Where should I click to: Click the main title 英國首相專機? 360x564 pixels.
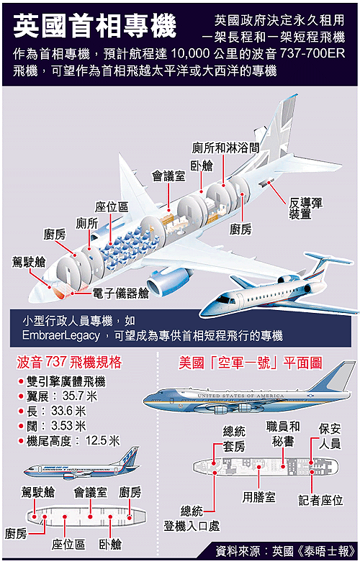(x=95, y=26)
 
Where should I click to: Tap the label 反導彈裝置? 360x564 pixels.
(x=305, y=209)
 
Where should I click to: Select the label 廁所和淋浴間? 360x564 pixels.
(x=225, y=147)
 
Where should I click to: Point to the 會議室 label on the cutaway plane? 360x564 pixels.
(x=168, y=176)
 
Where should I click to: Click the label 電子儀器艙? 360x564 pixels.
(x=121, y=294)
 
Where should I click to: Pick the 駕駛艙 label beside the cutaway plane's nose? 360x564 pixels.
(x=29, y=262)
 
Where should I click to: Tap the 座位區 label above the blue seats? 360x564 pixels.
(x=112, y=207)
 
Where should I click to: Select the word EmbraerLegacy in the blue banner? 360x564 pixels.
(x=60, y=335)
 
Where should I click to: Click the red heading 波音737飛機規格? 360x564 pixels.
(x=69, y=363)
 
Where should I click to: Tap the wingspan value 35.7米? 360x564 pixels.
(x=79, y=396)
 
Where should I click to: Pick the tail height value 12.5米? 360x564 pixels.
(x=102, y=440)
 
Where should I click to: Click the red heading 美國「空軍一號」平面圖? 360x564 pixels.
(x=251, y=363)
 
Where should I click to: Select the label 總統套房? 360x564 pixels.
(x=234, y=439)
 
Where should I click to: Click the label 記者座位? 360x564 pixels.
(x=321, y=500)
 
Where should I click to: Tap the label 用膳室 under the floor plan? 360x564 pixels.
(x=259, y=497)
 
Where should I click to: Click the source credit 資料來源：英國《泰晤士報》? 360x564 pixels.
(x=285, y=551)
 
